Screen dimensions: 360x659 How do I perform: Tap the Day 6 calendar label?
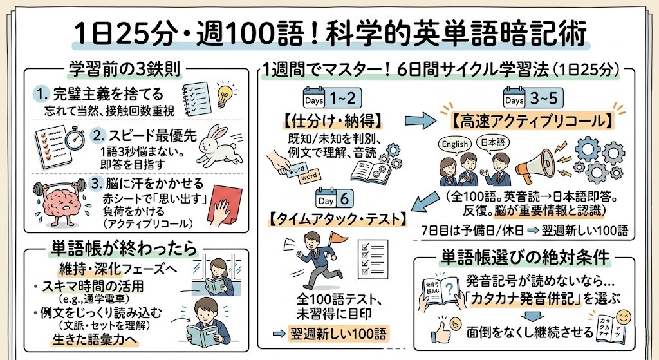pyautogui.click(x=335, y=198)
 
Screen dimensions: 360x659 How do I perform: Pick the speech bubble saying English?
pyautogui.click(x=455, y=144)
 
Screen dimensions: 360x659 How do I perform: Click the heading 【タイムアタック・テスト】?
pyautogui.click(x=335, y=218)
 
